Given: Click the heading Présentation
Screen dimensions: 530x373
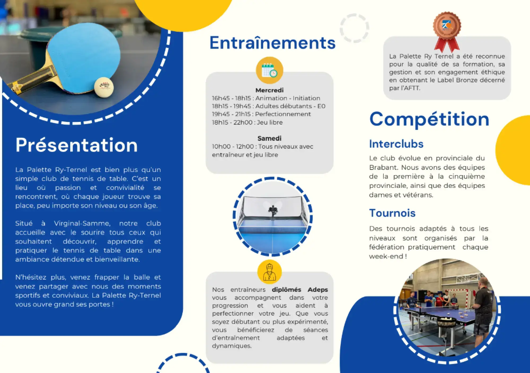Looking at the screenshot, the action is (x=77, y=145).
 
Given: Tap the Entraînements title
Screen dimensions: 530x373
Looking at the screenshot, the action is (x=272, y=43).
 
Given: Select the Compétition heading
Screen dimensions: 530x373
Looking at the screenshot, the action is (x=429, y=119).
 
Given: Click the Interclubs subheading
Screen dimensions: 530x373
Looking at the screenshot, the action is (x=396, y=144).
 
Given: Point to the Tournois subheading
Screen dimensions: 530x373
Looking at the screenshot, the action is (x=392, y=213).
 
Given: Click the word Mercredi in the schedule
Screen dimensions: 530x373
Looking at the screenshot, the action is (x=270, y=90).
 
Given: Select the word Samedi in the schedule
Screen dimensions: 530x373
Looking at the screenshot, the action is (x=270, y=138).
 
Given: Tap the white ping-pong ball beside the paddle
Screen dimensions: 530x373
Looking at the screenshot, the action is (x=104, y=87).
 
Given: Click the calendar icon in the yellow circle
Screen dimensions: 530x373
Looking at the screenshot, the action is (x=270, y=70).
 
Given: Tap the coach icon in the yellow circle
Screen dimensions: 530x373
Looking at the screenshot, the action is (x=270, y=272).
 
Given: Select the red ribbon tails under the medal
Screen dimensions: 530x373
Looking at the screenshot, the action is (x=447, y=45).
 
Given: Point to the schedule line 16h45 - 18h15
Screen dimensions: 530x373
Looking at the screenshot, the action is (x=266, y=98).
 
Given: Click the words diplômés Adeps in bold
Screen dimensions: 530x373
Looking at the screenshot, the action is (x=300, y=290).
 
